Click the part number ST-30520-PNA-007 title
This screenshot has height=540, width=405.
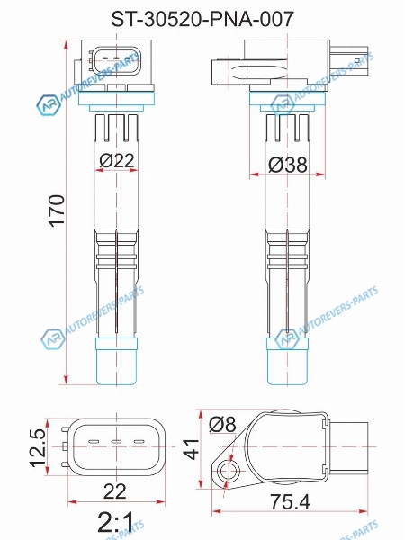(x=202, y=19)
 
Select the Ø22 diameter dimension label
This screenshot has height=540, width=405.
(x=117, y=160)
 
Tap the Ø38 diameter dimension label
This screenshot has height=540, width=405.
(x=288, y=165)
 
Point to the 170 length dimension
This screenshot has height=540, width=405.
(x=57, y=211)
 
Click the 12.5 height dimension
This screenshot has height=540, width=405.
(x=38, y=447)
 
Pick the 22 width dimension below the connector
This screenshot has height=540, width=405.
(x=114, y=491)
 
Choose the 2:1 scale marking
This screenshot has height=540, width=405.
(x=115, y=522)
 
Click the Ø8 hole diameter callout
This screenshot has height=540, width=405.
(x=222, y=424)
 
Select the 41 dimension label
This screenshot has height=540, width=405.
(x=192, y=449)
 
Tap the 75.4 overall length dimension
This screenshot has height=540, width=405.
(x=290, y=501)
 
